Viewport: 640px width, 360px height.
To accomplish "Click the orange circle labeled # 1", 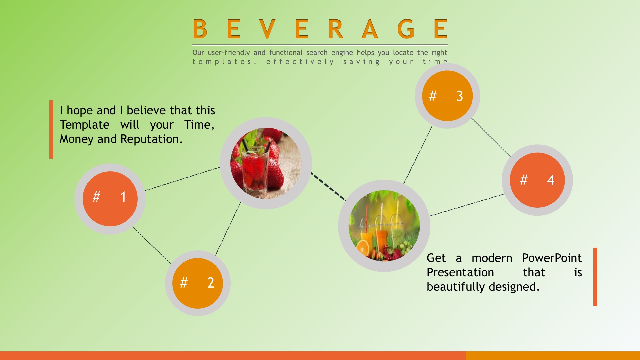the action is [110, 199].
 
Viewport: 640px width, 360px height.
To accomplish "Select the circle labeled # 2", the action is [198, 283].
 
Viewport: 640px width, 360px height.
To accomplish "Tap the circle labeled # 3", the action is [447, 96].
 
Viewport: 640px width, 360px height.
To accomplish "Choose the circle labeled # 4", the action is [537, 180].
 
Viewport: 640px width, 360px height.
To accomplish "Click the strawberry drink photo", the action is [266, 163].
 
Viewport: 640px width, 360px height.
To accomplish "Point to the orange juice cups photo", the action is [384, 226].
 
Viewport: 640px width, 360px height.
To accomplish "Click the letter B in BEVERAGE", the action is [200, 29].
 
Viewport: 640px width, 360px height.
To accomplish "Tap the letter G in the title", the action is [406, 29].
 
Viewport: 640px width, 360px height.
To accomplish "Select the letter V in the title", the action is [267, 29].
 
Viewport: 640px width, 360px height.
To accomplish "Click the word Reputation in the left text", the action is [151, 139].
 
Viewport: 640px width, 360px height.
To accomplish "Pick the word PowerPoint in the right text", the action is [552, 258].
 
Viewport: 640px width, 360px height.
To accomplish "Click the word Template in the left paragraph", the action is [85, 125].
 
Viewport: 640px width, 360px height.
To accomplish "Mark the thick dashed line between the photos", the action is [328, 186].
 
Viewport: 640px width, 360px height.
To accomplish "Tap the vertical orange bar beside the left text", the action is [51, 129].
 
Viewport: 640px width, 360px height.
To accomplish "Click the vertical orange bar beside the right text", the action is [595, 277].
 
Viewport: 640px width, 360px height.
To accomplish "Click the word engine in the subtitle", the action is [342, 53].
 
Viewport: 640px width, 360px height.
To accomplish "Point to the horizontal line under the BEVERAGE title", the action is [320, 45].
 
